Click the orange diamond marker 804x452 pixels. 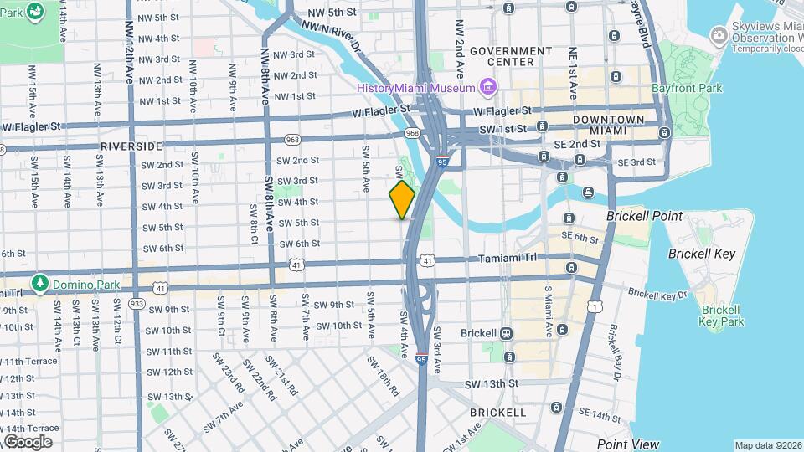point(402,200)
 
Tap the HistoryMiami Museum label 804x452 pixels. point(416,87)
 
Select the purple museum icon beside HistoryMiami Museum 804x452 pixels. point(487,87)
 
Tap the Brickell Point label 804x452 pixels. point(643,216)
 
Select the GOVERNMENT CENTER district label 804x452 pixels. point(512,56)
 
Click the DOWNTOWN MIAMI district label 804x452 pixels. point(609,126)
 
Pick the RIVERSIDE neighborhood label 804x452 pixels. point(129,146)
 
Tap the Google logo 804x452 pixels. point(28,441)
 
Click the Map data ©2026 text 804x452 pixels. point(767,445)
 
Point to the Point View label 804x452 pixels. point(627,444)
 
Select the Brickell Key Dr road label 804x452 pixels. point(657,294)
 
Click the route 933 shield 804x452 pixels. point(137,302)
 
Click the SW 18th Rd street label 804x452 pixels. point(384,374)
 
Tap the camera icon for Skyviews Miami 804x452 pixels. point(718,35)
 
